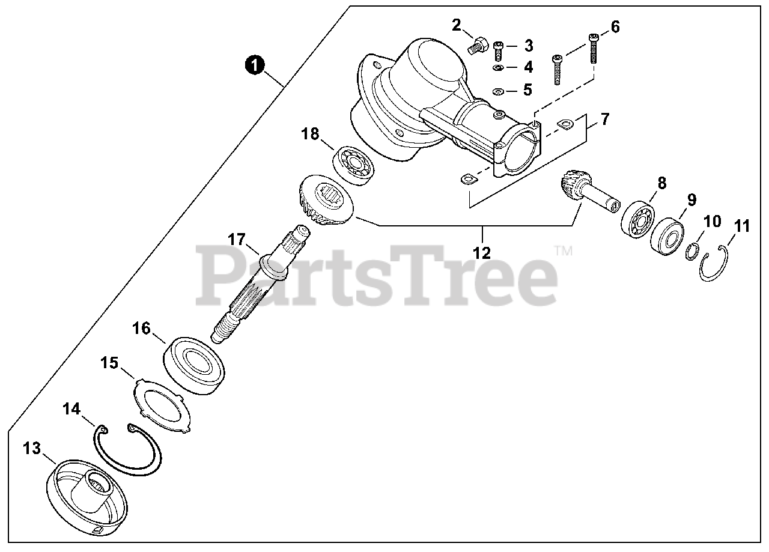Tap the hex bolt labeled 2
tap(477, 45)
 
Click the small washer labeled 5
tap(497, 92)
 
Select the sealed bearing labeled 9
tap(667, 237)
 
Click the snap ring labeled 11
tap(715, 264)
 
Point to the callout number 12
tap(482, 252)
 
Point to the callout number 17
tap(237, 240)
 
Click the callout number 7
tap(604, 119)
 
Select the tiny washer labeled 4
tap(498, 68)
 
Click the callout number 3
tap(528, 46)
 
